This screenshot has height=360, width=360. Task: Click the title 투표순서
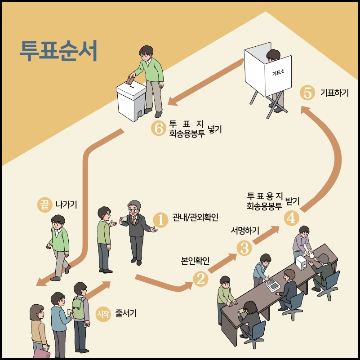[x=58, y=51]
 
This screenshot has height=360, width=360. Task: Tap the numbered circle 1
[x=160, y=219]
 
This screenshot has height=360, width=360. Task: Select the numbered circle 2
[x=200, y=279]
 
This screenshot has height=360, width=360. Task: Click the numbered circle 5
[x=307, y=93]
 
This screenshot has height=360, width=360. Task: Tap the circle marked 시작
[x=103, y=313]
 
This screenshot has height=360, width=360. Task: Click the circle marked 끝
[x=44, y=205]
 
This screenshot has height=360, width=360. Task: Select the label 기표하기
[x=334, y=93]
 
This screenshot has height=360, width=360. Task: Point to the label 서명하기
[x=245, y=231]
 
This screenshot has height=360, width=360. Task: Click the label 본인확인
[x=195, y=261]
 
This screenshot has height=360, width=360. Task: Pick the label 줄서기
[x=126, y=313]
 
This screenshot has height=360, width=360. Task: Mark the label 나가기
[x=66, y=205]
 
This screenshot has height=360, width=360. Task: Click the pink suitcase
[x=41, y=352]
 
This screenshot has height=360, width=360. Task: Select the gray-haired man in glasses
[x=135, y=229]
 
